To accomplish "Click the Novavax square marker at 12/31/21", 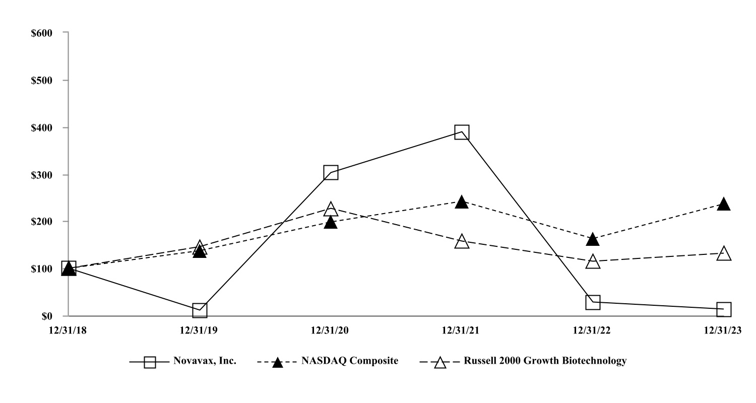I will [x=462, y=132].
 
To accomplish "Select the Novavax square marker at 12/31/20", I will [x=331, y=173].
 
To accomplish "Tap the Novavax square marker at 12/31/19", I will [x=200, y=310].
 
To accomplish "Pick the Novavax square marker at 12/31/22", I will [x=593, y=302].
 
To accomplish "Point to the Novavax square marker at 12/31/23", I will [x=724, y=309].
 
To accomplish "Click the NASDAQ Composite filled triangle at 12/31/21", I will [x=462, y=203].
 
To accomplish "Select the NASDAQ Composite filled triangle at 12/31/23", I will [x=724, y=204].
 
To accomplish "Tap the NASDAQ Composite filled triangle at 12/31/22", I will [x=593, y=239].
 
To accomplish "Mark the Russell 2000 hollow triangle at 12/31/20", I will [x=331, y=209].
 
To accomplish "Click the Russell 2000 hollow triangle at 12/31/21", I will [x=462, y=242].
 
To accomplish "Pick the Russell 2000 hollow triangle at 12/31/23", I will [x=724, y=253].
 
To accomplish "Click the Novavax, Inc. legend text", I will [x=205, y=361].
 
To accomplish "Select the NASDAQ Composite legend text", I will [x=350, y=361].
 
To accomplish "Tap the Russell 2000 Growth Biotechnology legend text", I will [x=539, y=361].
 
